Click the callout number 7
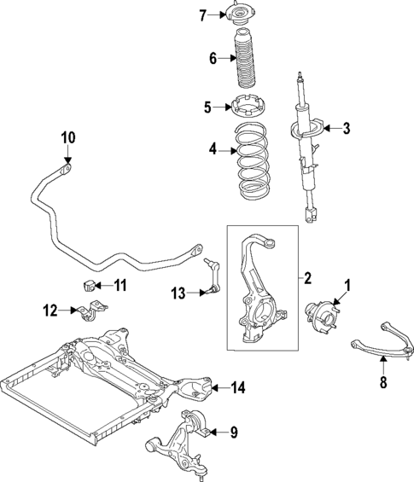click(204, 15)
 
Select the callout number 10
click(67, 137)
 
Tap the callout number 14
click(238, 388)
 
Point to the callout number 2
click(307, 277)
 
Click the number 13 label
click(178, 293)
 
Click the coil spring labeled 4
click(251, 162)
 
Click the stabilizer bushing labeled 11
click(88, 284)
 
